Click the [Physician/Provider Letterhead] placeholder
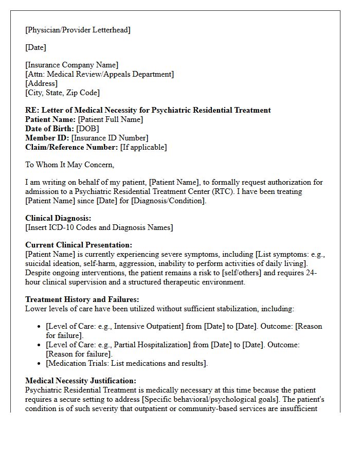pyautogui.click(x=78, y=30)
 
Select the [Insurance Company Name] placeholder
pyautogui.click(x=72, y=65)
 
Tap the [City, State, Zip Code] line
pyautogui.click(x=62, y=93)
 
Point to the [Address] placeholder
pyautogui.click(x=42, y=83)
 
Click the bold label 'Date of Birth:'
pyautogui.click(x=49, y=129)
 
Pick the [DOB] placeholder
pyautogui.click(x=87, y=129)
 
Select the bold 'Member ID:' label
pyautogui.click(x=47, y=138)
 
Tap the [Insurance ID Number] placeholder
pyautogui.click(x=110, y=138)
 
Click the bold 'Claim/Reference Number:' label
pyautogui.click(x=71, y=147)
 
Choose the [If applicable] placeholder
pyautogui.click(x=143, y=147)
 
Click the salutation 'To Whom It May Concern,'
pyautogui.click(x=70, y=165)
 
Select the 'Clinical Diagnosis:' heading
pyautogui.click(x=58, y=218)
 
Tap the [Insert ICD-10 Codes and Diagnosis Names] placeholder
pyautogui.click(x=99, y=227)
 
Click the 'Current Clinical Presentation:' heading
pyautogui.click(x=79, y=245)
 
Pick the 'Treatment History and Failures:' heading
pyautogui.click(x=82, y=299)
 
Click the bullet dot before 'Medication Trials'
pyautogui.click(x=40, y=364)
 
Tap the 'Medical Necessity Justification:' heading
pyautogui.click(x=81, y=381)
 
